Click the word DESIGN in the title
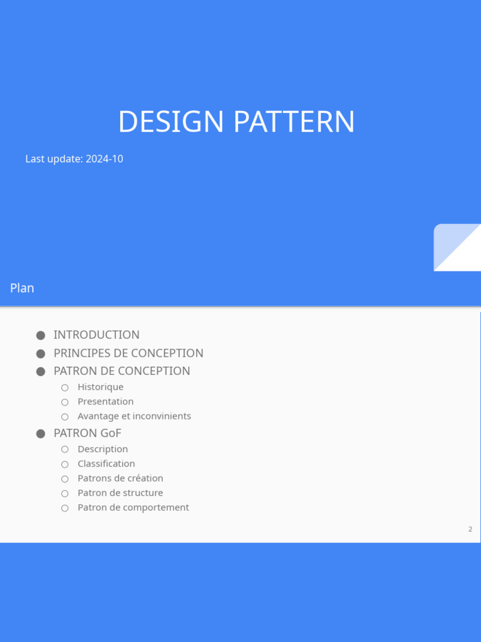pyautogui.click(x=171, y=122)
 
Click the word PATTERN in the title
pyautogui.click(x=294, y=122)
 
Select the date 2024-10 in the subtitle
pyautogui.click(x=105, y=159)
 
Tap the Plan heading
pyautogui.click(x=22, y=288)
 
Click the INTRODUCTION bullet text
pyautogui.click(x=96, y=335)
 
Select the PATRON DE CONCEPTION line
pyautogui.click(x=122, y=371)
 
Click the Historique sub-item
pyautogui.click(x=101, y=387)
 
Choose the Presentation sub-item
pyautogui.click(x=105, y=402)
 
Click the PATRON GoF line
pyautogui.click(x=88, y=433)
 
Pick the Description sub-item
pyautogui.click(x=103, y=449)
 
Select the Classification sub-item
pyautogui.click(x=106, y=463)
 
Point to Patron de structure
pyautogui.click(x=120, y=493)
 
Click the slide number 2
pyautogui.click(x=470, y=529)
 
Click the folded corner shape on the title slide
pyautogui.click(x=457, y=247)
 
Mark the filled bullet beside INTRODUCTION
pyautogui.click(x=41, y=335)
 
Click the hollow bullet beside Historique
pyautogui.click(x=65, y=387)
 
